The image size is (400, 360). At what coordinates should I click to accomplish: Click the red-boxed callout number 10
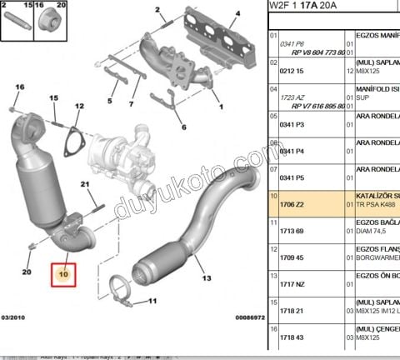point(63,270)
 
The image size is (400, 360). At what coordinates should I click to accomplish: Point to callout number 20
point(27,272)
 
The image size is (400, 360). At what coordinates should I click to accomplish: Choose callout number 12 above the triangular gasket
point(80,107)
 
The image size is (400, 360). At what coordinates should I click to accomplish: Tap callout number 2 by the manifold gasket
point(157,12)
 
